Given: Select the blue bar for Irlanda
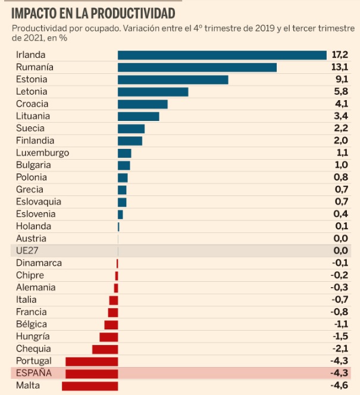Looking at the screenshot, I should coord(222,55).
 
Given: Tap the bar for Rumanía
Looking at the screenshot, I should coord(197,67).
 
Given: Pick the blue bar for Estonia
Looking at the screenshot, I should coord(173,79).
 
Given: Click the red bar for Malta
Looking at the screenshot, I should coord(90,385).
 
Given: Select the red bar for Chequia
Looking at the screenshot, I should coord(105,349).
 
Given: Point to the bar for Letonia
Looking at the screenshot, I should coord(153,92).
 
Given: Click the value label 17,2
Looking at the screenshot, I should coord(339,55).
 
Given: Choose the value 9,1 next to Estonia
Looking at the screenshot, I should coord(340,79).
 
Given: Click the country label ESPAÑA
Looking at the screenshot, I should coord(34,373).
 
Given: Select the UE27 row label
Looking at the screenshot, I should coord(27,251).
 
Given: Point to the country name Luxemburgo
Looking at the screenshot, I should coord(42,153).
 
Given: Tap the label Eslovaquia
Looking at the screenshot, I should coord(39,201).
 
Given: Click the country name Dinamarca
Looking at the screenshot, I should coord(39,263).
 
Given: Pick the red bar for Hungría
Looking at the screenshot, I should coord(108,337).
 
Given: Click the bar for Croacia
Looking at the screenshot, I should coord(143,104).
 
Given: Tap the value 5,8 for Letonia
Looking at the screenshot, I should coord(340,92).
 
